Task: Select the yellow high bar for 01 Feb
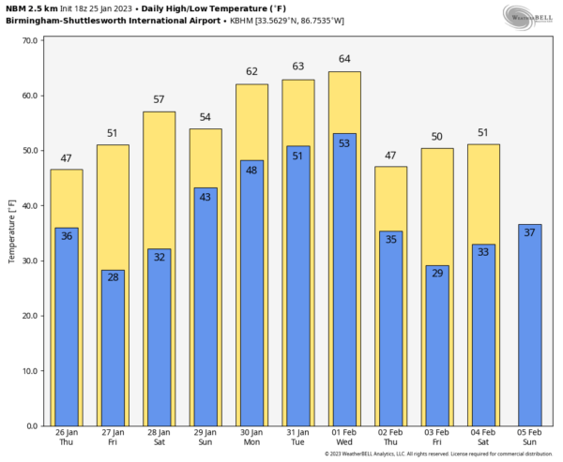(x=344, y=103)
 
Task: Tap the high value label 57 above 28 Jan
(x=160, y=99)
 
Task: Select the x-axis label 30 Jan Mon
(x=251, y=437)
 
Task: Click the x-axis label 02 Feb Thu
(x=390, y=437)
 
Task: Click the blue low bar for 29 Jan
(x=205, y=309)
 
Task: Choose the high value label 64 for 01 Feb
(x=344, y=59)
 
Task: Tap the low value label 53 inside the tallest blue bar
(x=344, y=142)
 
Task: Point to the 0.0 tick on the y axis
(x=31, y=425)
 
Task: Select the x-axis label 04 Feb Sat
(x=483, y=437)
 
